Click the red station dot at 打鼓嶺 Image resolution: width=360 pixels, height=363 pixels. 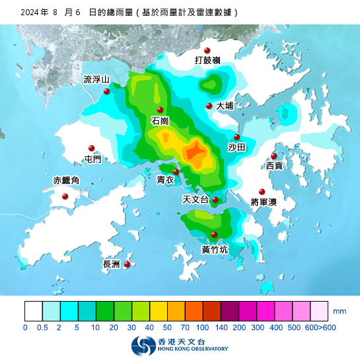click(207, 51)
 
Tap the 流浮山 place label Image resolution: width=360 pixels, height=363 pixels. click(96, 79)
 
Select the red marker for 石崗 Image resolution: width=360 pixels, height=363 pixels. click(160, 110)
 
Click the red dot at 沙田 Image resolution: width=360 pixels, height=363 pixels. click(237, 137)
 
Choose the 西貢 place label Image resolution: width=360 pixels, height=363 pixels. click(274, 166)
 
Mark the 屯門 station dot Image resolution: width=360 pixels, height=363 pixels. click(92, 148)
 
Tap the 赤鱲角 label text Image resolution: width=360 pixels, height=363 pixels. click(66, 180)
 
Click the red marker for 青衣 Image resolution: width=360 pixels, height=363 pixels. click(176, 172)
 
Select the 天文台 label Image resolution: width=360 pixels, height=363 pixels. click(196, 199)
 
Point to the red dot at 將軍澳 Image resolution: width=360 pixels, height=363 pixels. click(262, 192)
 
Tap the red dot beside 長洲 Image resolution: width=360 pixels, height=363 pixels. click(127, 264)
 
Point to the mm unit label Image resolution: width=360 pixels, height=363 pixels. click(340, 310)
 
